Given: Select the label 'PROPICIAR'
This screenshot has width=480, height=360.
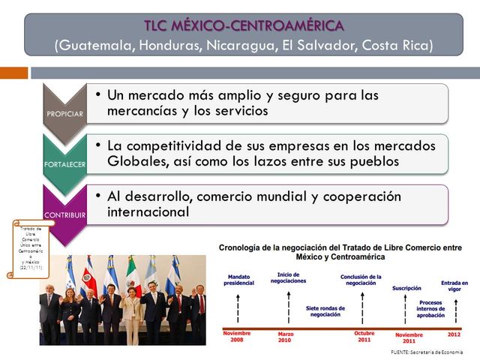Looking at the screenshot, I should click(64, 114).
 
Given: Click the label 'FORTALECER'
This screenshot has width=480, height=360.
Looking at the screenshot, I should click(64, 163).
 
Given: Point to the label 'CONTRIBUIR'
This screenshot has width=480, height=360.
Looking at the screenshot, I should click(64, 214).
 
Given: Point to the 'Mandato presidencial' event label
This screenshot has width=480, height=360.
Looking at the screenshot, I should click(239, 280).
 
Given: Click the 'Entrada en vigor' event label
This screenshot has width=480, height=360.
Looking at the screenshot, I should click(454, 286).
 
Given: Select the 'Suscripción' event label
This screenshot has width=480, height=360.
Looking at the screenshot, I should click(407, 288).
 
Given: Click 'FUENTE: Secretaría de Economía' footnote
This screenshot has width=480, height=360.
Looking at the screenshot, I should click(427, 352).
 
